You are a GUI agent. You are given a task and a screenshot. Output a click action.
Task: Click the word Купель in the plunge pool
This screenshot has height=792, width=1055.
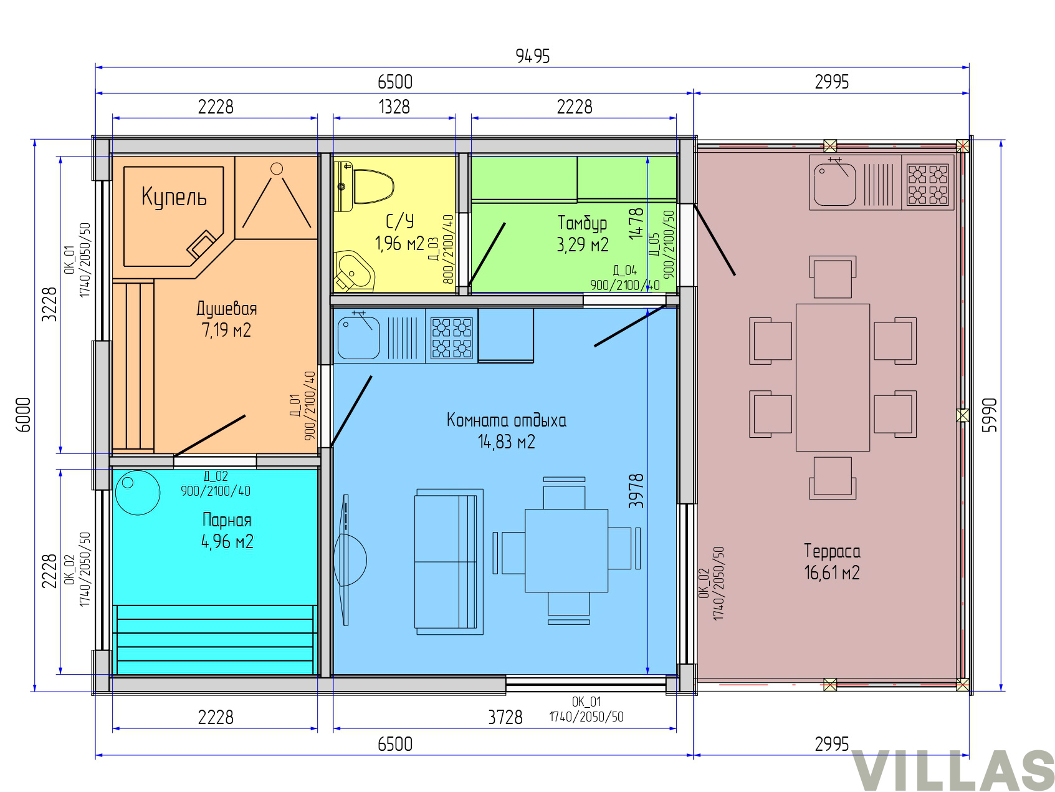(x=174, y=196)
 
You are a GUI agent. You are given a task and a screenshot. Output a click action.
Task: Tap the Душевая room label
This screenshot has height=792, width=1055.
(x=227, y=309)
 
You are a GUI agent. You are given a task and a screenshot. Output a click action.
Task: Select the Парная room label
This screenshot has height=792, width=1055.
(x=227, y=520)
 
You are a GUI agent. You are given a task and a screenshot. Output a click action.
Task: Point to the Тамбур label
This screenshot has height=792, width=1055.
(x=582, y=223)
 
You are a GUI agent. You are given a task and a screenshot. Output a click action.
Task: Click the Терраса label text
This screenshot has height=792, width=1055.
(x=832, y=551)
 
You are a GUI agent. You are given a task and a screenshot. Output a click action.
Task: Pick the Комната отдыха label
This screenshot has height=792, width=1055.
(x=507, y=420)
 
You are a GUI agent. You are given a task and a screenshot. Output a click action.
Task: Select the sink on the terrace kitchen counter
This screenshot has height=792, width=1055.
(x=834, y=183)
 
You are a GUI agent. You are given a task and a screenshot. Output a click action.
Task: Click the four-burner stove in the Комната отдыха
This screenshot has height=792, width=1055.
(x=452, y=337)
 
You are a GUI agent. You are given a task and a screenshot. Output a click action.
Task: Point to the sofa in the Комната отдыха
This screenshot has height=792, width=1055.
(x=449, y=562)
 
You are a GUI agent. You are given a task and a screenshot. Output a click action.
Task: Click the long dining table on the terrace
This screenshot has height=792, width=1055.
(x=833, y=377)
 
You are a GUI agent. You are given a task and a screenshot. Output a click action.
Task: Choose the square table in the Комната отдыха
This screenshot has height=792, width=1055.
(x=566, y=551)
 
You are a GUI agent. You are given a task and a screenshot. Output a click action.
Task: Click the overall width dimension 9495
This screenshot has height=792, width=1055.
(x=533, y=56)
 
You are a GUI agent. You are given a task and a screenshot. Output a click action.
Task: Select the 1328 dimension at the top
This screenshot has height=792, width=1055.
(x=394, y=107)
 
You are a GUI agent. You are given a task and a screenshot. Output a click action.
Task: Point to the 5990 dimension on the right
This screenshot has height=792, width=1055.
(x=990, y=415)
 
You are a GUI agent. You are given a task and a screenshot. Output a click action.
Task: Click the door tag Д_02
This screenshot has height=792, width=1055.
(x=216, y=476)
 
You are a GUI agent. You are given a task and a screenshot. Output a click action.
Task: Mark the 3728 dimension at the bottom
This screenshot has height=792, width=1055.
(x=505, y=717)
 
